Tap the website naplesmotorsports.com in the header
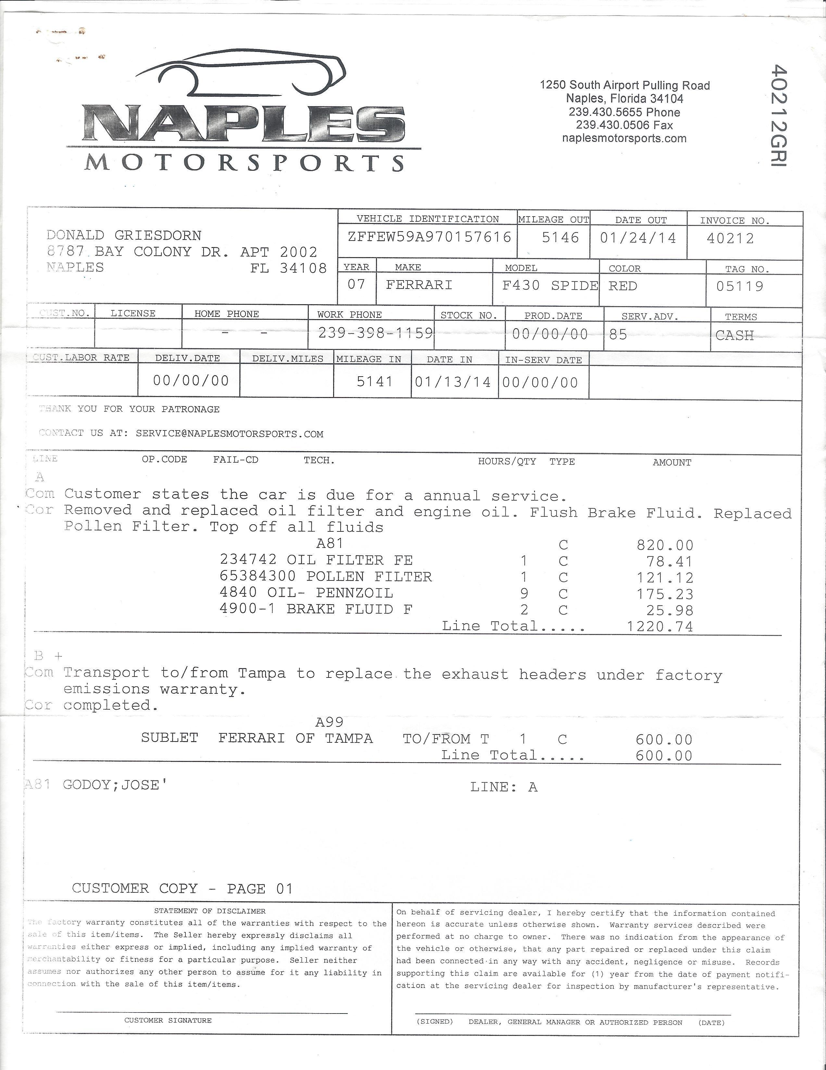[624, 139]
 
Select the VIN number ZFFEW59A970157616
[429, 237]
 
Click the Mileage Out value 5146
[560, 238]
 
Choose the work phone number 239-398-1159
[376, 333]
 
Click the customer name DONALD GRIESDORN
[124, 236]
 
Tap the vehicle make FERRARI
[419, 285]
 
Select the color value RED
[623, 286]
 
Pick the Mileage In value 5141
[375, 381]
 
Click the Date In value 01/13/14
[453, 382]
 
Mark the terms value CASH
[734, 336]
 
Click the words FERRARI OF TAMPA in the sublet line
[295, 738]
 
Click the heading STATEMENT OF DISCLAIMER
[210, 911]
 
